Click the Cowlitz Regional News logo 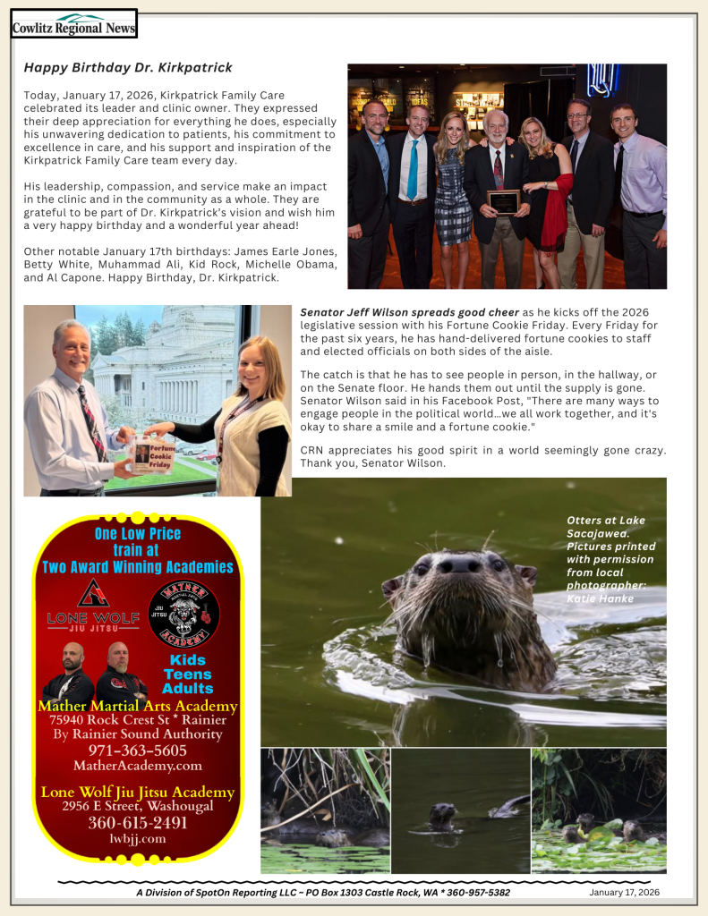[73, 24]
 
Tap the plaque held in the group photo [503, 202]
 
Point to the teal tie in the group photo [412, 170]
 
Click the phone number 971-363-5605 [137, 750]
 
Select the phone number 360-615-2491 [137, 823]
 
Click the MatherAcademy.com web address [137, 766]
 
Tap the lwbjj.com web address [137, 839]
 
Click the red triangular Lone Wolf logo [93, 592]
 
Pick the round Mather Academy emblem [183, 614]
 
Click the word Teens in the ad [188, 674]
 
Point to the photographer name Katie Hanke [599, 598]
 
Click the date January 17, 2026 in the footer [624, 893]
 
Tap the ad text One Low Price [137, 534]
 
